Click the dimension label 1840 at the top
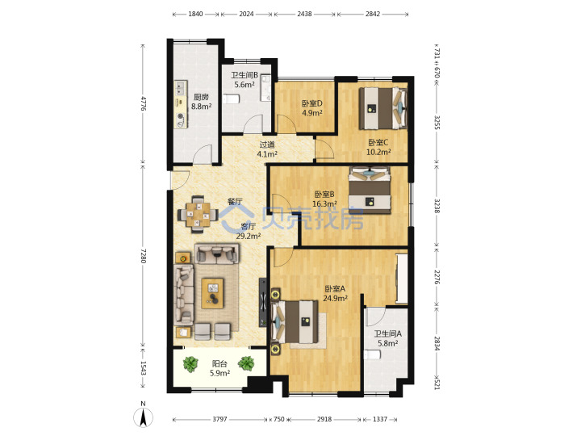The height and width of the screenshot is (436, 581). pyautogui.click(x=195, y=14)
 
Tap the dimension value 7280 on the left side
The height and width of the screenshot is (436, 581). pyautogui.click(x=144, y=256)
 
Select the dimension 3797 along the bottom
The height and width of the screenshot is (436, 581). pyautogui.click(x=219, y=419)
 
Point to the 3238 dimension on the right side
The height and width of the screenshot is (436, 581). pyautogui.click(x=437, y=205)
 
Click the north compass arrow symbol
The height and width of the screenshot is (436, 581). pyautogui.click(x=143, y=418)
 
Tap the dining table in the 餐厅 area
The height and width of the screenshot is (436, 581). pyautogui.click(x=198, y=214)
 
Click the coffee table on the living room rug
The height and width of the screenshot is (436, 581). pyautogui.click(x=212, y=293)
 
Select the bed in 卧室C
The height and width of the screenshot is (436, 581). pyautogui.click(x=383, y=108)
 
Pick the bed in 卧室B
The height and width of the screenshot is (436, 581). pyautogui.click(x=370, y=191)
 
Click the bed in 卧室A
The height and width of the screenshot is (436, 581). pyautogui.click(x=295, y=322)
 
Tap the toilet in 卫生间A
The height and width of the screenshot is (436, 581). pyautogui.click(x=372, y=354)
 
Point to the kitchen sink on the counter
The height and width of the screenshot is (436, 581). pyautogui.click(x=180, y=89)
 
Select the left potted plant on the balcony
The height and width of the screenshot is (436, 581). pyautogui.click(x=190, y=364)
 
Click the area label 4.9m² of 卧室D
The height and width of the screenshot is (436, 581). pyautogui.click(x=311, y=113)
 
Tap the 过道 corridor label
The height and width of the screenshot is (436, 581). pyautogui.click(x=267, y=145)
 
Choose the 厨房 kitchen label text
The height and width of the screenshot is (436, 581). pyautogui.click(x=201, y=97)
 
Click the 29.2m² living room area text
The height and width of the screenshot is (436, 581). pyautogui.click(x=249, y=236)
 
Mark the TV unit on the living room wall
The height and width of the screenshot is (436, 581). pyautogui.click(x=263, y=302)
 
